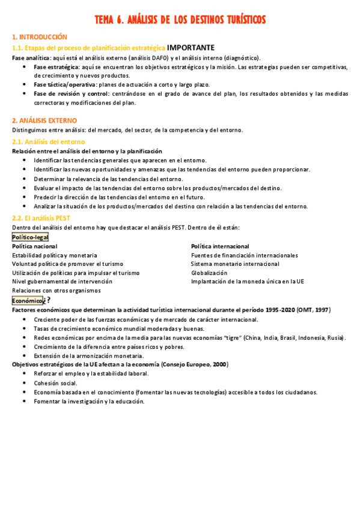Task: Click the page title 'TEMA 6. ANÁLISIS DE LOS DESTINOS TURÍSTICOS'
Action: (180, 21)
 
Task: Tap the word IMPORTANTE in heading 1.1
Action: (191, 48)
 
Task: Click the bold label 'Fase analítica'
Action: (30, 58)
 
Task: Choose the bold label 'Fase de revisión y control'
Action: (68, 94)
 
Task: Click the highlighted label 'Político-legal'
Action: (30, 237)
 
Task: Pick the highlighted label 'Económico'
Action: (28, 300)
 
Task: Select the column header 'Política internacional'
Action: (220, 247)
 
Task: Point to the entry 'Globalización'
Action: (209, 272)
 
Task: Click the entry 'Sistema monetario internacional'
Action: (235, 264)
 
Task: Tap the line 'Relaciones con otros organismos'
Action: (56, 290)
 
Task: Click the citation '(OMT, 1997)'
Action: (314, 310)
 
